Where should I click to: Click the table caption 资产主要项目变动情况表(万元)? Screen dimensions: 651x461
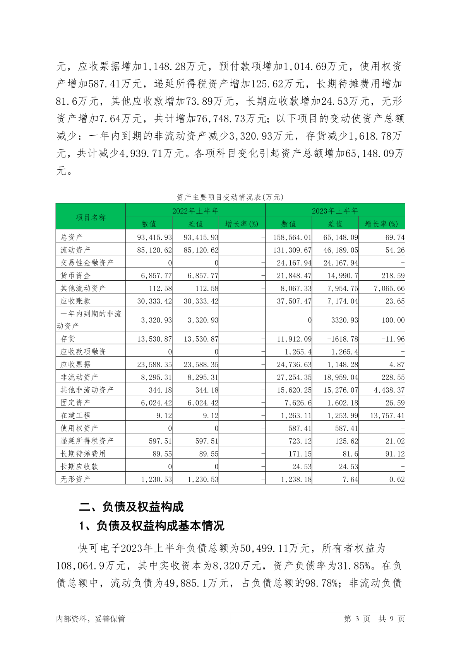click(230, 197)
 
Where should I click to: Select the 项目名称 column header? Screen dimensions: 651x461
click(91, 217)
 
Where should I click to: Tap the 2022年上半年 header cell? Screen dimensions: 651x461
click(195, 211)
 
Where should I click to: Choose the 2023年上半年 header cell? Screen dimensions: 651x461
click(335, 211)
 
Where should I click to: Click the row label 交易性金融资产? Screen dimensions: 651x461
click(87, 262)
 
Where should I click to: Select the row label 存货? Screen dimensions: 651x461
click(68, 339)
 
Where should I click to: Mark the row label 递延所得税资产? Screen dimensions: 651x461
click(87, 441)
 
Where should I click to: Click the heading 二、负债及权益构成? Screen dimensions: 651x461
click(131, 507)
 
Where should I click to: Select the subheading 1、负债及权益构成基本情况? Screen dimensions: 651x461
click(152, 526)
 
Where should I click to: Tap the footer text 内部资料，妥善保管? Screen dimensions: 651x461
click(91, 619)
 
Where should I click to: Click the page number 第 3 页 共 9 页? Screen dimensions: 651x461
click(374, 619)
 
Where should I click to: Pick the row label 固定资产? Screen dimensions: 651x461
click(75, 403)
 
